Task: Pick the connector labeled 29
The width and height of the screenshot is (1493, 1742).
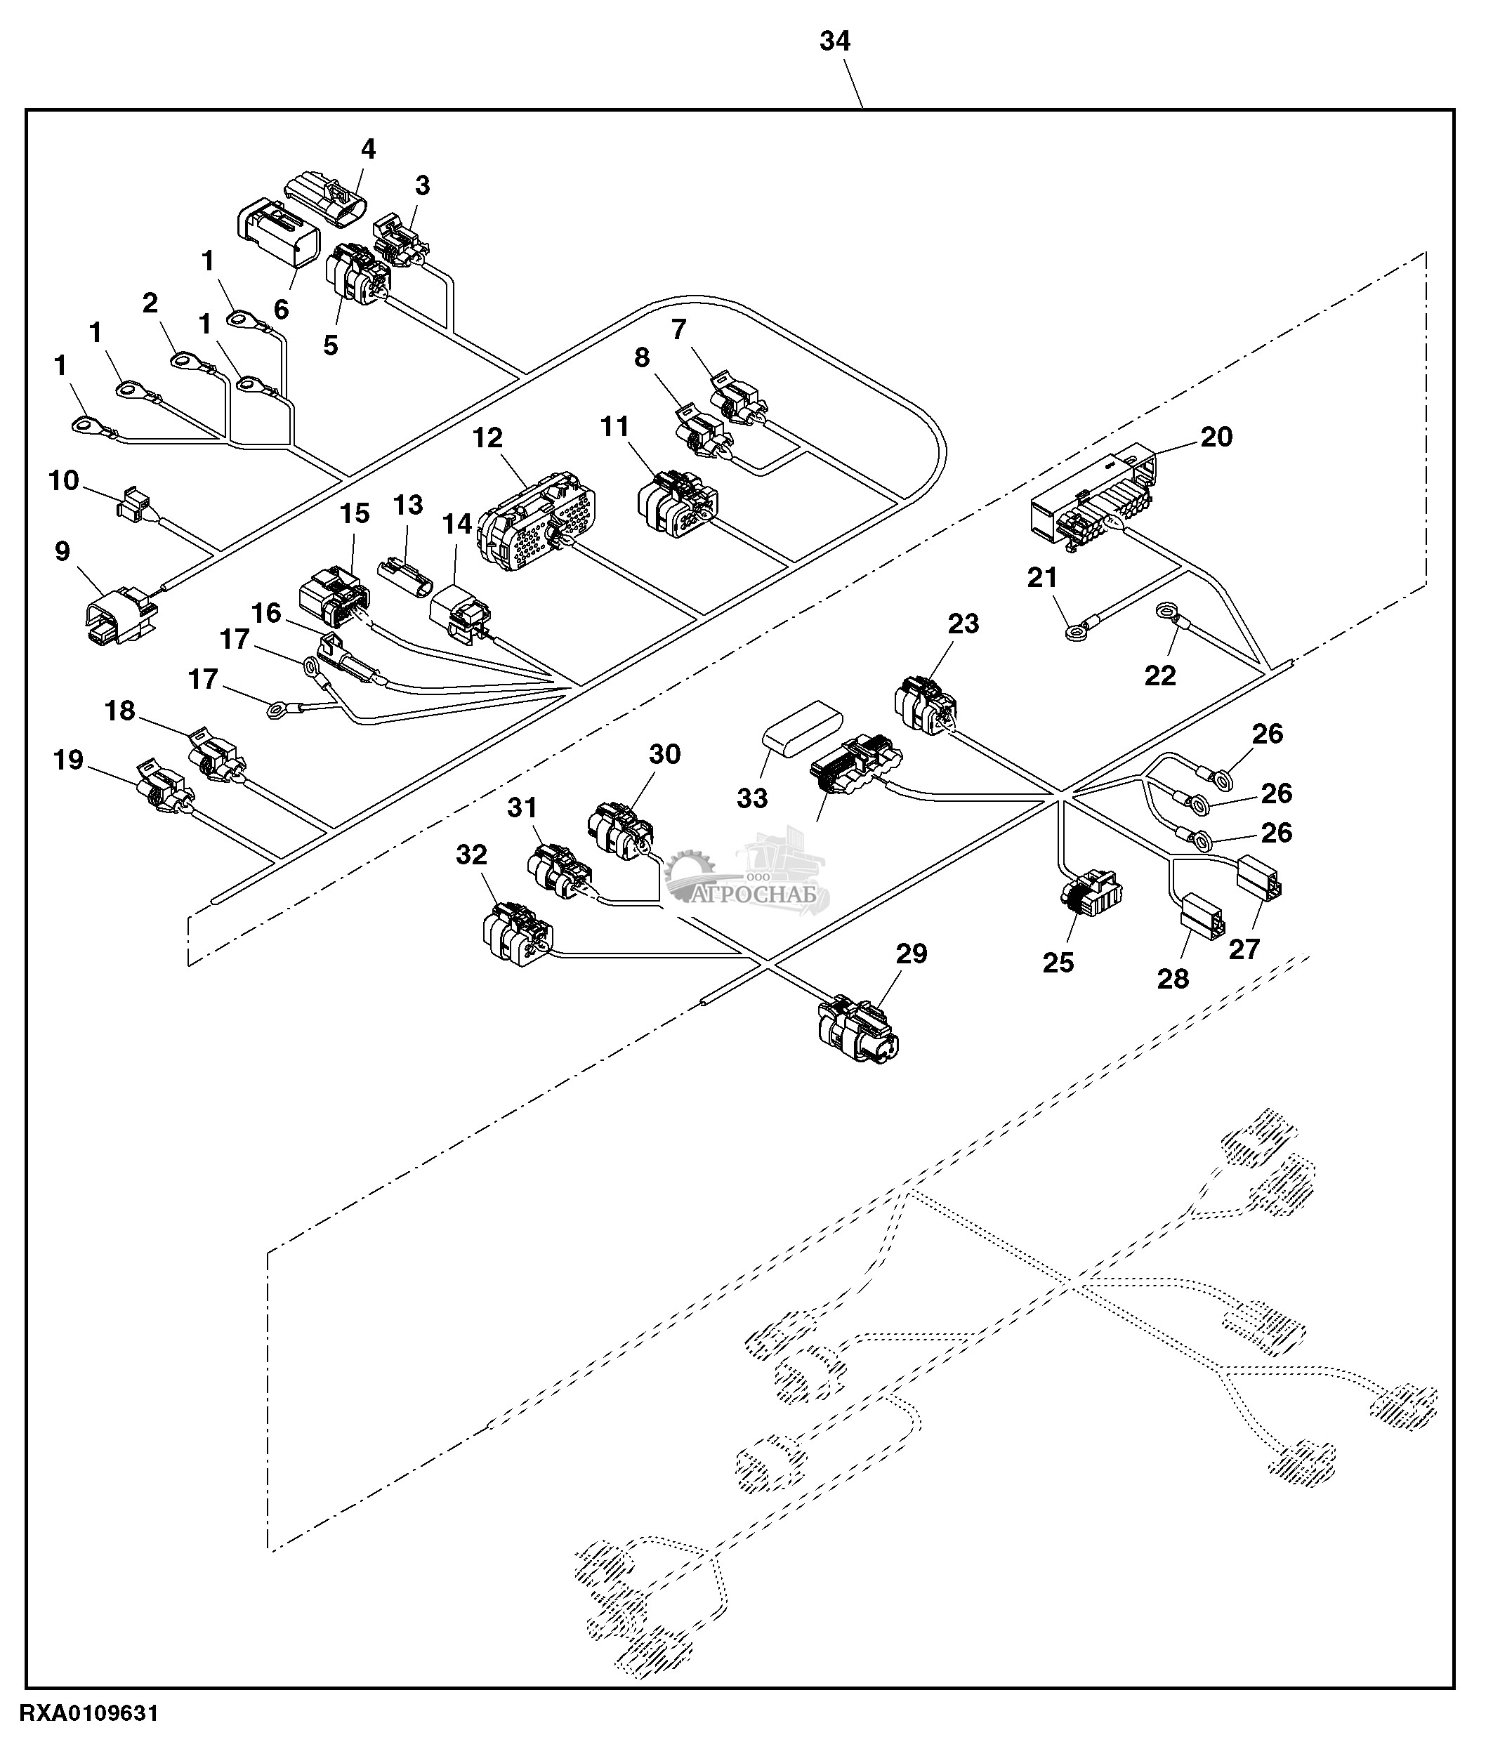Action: (x=858, y=1029)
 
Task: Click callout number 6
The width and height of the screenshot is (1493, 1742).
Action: (x=281, y=310)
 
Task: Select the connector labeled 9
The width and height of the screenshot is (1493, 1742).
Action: (x=120, y=614)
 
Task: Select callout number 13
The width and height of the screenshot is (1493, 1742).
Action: (x=409, y=504)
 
